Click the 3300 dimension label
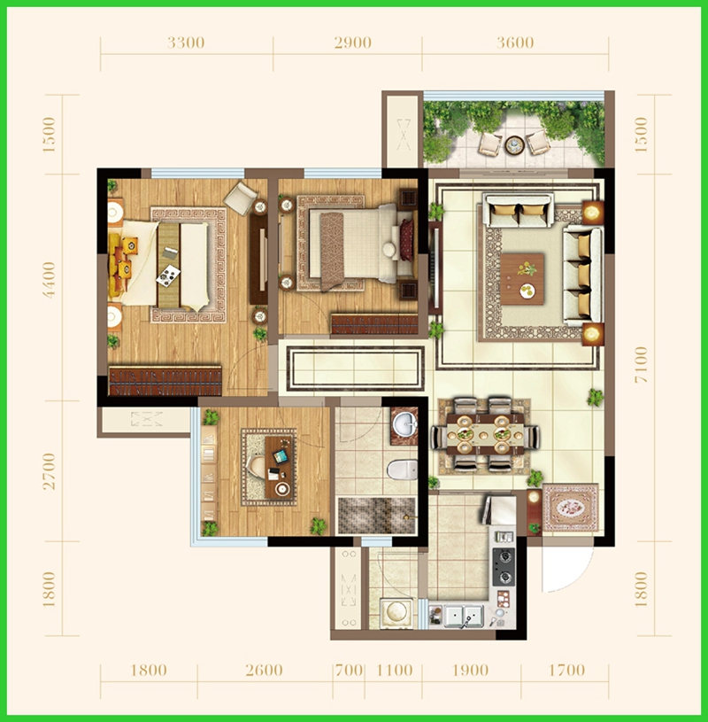[186, 43]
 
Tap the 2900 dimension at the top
[353, 43]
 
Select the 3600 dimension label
[515, 43]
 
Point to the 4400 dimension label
[49, 280]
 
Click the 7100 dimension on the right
[641, 364]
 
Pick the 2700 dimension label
[49, 471]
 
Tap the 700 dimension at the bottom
[350, 670]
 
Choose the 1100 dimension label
[394, 670]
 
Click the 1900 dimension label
[470, 670]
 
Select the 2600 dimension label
[264, 670]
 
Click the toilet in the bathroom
[402, 470]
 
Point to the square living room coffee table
[522, 278]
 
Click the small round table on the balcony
[514, 145]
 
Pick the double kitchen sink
[464, 616]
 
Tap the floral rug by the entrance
[571, 509]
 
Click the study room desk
[279, 467]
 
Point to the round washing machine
[396, 612]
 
